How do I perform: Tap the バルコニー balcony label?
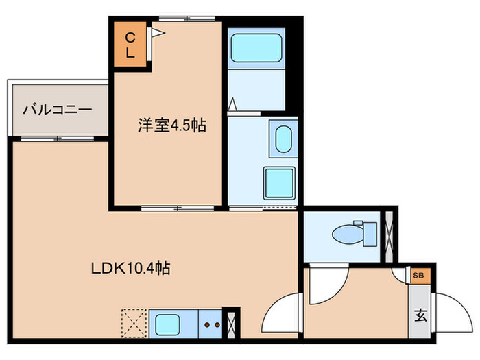(x=58, y=109)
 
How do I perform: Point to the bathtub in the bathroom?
(x=256, y=49)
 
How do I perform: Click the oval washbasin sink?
(x=283, y=139)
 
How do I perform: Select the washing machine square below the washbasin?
(x=280, y=182)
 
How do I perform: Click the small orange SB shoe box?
(x=418, y=275)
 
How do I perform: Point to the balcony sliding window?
(x=59, y=139)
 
